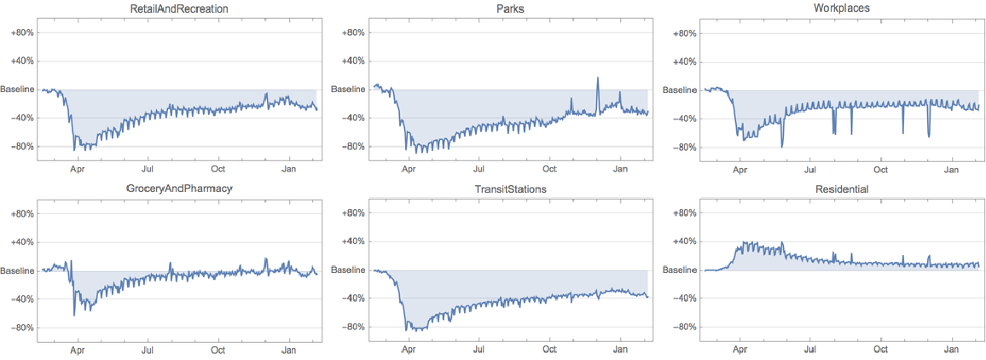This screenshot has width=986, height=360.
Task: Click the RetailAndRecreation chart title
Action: point(177,9)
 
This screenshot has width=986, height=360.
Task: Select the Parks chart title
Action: point(508,9)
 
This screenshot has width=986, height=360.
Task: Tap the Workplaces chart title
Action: point(839,9)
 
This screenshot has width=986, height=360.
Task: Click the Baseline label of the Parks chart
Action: point(348,90)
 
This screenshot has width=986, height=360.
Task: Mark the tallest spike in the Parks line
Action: point(598,78)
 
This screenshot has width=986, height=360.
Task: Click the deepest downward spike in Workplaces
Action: point(782,146)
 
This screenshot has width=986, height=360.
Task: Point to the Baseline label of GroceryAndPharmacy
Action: point(17,270)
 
